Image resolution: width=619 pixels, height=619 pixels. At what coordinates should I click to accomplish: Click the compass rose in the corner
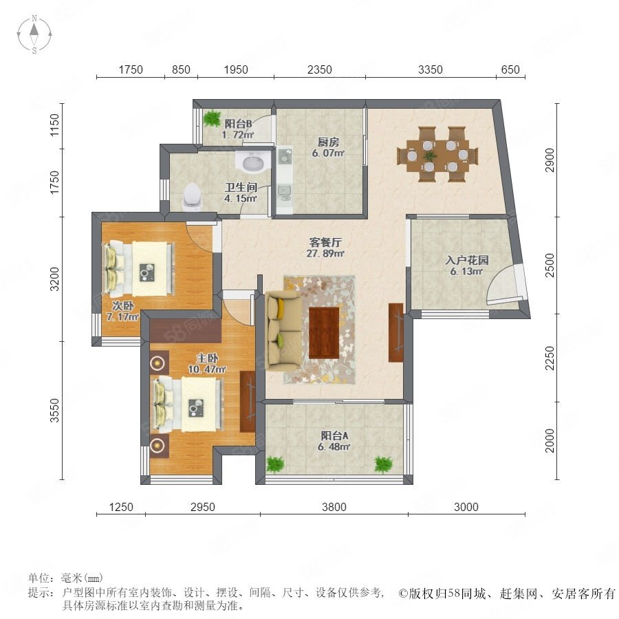pyautogui.click(x=34, y=34)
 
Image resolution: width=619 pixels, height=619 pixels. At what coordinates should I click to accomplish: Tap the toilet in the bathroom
pyautogui.click(x=193, y=196)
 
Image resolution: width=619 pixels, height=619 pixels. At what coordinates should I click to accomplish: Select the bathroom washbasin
pyautogui.click(x=252, y=162)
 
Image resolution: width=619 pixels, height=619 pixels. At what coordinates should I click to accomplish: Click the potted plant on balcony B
pyautogui.click(x=212, y=118)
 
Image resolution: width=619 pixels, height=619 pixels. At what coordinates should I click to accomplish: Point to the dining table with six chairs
pyautogui.click(x=437, y=154)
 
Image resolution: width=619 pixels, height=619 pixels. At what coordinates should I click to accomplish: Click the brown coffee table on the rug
pyautogui.click(x=324, y=333)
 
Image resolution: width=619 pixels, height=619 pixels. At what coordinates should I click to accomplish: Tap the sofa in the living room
pyautogui.click(x=283, y=330)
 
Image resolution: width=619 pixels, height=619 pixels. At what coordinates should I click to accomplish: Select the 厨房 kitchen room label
pyautogui.click(x=328, y=142)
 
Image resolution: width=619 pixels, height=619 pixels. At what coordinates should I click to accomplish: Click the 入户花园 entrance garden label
pyautogui.click(x=467, y=260)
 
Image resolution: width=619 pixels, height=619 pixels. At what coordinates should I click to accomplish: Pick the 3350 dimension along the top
pyautogui.click(x=431, y=70)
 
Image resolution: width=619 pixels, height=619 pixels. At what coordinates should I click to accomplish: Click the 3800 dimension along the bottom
pyautogui.click(x=334, y=507)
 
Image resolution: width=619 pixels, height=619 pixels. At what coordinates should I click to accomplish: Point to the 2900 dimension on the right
pyautogui.click(x=550, y=160)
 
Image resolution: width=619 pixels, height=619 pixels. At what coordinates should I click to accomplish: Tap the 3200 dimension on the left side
pyautogui.click(x=55, y=279)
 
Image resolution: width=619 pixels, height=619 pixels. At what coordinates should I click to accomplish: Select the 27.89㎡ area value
pyautogui.click(x=325, y=253)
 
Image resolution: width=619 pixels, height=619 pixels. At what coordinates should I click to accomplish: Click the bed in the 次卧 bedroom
pyautogui.click(x=138, y=269)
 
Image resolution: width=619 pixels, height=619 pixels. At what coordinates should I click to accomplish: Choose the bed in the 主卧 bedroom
pyautogui.click(x=188, y=404)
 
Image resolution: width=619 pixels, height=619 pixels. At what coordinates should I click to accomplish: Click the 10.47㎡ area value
pyautogui.click(x=207, y=369)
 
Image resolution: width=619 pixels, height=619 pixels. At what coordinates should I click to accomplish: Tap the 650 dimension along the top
pyautogui.click(x=510, y=70)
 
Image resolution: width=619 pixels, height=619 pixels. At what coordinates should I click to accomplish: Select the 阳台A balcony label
pyautogui.click(x=334, y=435)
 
